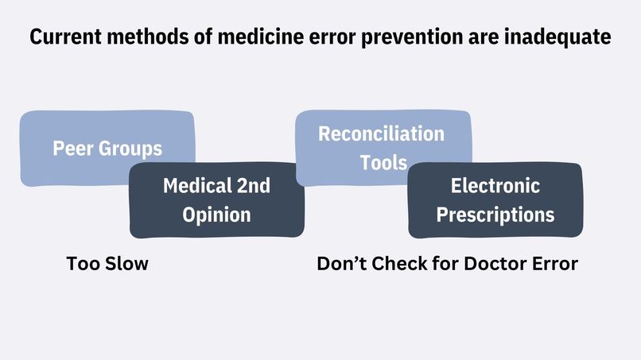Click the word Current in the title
coord(65,37)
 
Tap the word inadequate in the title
coord(557,37)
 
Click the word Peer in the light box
coord(72,148)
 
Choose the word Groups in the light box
coord(130,149)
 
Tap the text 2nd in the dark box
coord(254,185)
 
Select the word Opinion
coord(216,215)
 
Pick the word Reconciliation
coord(382,134)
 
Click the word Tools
coord(383,162)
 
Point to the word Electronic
coord(495,185)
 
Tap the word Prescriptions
coord(495,215)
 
